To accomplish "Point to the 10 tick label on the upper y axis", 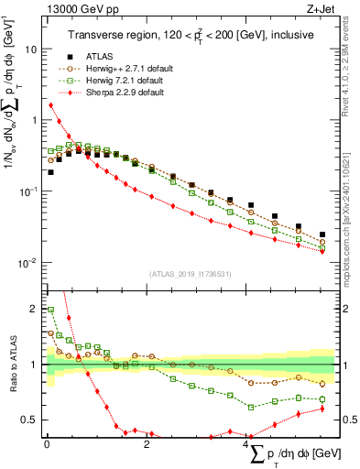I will tap(30, 49).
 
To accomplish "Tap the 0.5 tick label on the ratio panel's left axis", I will tap(30, 420).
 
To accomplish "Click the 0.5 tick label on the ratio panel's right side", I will tap(350, 420).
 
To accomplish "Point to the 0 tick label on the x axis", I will tap(47, 444).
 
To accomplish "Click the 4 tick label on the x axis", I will tap(246, 444).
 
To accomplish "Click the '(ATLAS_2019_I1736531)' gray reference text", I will tap(191, 273).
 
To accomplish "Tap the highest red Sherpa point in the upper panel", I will tap(50, 105).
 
